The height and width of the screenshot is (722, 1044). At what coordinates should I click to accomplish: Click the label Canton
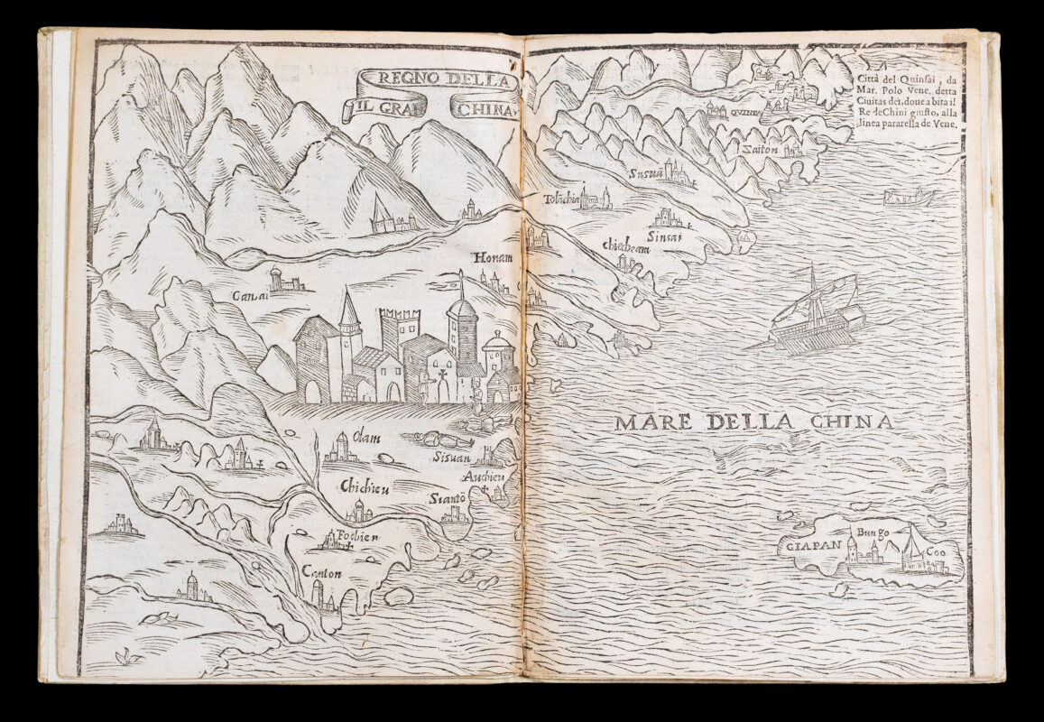click(323, 573)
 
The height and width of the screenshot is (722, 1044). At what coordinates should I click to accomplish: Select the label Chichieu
click(364, 487)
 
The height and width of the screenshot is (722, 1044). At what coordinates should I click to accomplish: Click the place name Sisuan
click(452, 456)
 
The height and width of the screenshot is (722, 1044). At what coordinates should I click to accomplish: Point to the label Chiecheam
click(627, 246)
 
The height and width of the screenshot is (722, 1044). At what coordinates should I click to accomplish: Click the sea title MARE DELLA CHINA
click(753, 421)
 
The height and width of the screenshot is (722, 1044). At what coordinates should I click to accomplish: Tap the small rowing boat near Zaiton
click(908, 196)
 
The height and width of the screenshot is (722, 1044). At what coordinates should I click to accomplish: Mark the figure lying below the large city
click(439, 440)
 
